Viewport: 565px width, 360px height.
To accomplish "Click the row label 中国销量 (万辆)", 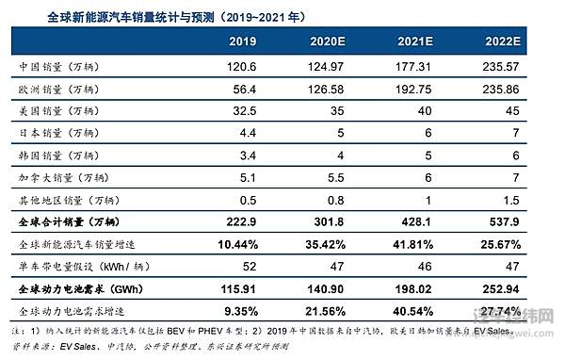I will coord(59,70).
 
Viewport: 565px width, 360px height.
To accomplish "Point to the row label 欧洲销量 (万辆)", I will coord(59,90).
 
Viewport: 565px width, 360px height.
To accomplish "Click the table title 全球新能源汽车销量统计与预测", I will coord(141,13).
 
